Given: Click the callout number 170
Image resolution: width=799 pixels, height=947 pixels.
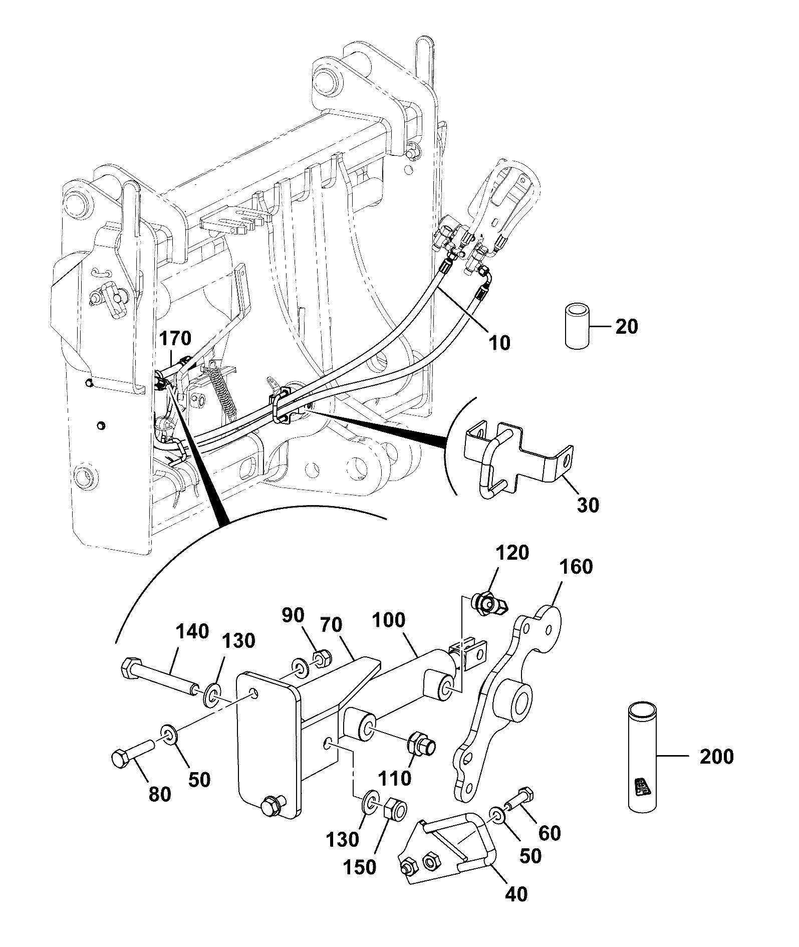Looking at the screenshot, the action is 175,338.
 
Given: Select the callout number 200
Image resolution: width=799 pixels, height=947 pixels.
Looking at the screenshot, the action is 716,756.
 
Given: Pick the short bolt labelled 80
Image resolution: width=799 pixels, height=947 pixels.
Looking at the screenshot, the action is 133,753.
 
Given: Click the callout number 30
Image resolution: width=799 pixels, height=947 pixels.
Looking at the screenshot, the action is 588,505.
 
